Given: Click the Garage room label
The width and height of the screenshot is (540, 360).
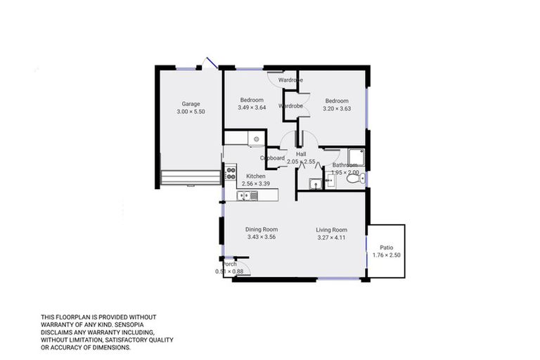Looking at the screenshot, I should pos(191,104).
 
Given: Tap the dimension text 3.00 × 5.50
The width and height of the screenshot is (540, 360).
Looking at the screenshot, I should pos(191,112).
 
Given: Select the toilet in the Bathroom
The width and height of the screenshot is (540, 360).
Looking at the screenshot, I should pos(361,179).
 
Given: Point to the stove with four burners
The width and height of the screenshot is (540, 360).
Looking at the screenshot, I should pos(231,173).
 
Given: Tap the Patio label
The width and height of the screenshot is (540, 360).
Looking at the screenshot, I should pos(387,247).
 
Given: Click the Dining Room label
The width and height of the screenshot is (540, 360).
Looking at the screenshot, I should pos(262,229).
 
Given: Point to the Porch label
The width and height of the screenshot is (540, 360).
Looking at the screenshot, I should pos(229,264).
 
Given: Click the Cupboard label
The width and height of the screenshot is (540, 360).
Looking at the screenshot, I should pos(273,158).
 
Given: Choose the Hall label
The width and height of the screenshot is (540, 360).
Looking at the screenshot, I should pos(301,154).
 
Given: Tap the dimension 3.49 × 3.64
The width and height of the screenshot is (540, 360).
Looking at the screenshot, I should pos(252,108).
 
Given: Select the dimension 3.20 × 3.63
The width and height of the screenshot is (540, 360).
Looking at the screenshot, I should pos(336,108).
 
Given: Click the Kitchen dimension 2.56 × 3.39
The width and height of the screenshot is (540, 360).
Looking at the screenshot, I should pos(255,184).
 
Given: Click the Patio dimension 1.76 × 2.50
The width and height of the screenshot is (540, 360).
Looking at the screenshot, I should pos(387,255).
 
